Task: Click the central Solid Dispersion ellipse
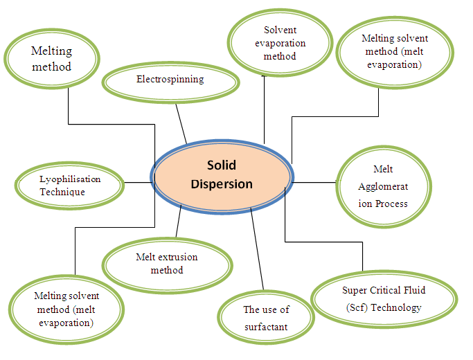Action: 220,174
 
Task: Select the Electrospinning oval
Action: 170,81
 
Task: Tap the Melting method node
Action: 51,60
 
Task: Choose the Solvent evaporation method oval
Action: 275,43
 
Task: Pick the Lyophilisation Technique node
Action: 69,185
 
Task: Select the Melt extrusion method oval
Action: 166,263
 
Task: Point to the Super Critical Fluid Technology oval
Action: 383,298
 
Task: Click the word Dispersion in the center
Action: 221,184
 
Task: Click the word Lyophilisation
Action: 70,179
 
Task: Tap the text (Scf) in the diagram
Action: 359,307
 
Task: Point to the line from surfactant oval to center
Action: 258,249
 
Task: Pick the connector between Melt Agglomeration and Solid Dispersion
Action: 313,183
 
